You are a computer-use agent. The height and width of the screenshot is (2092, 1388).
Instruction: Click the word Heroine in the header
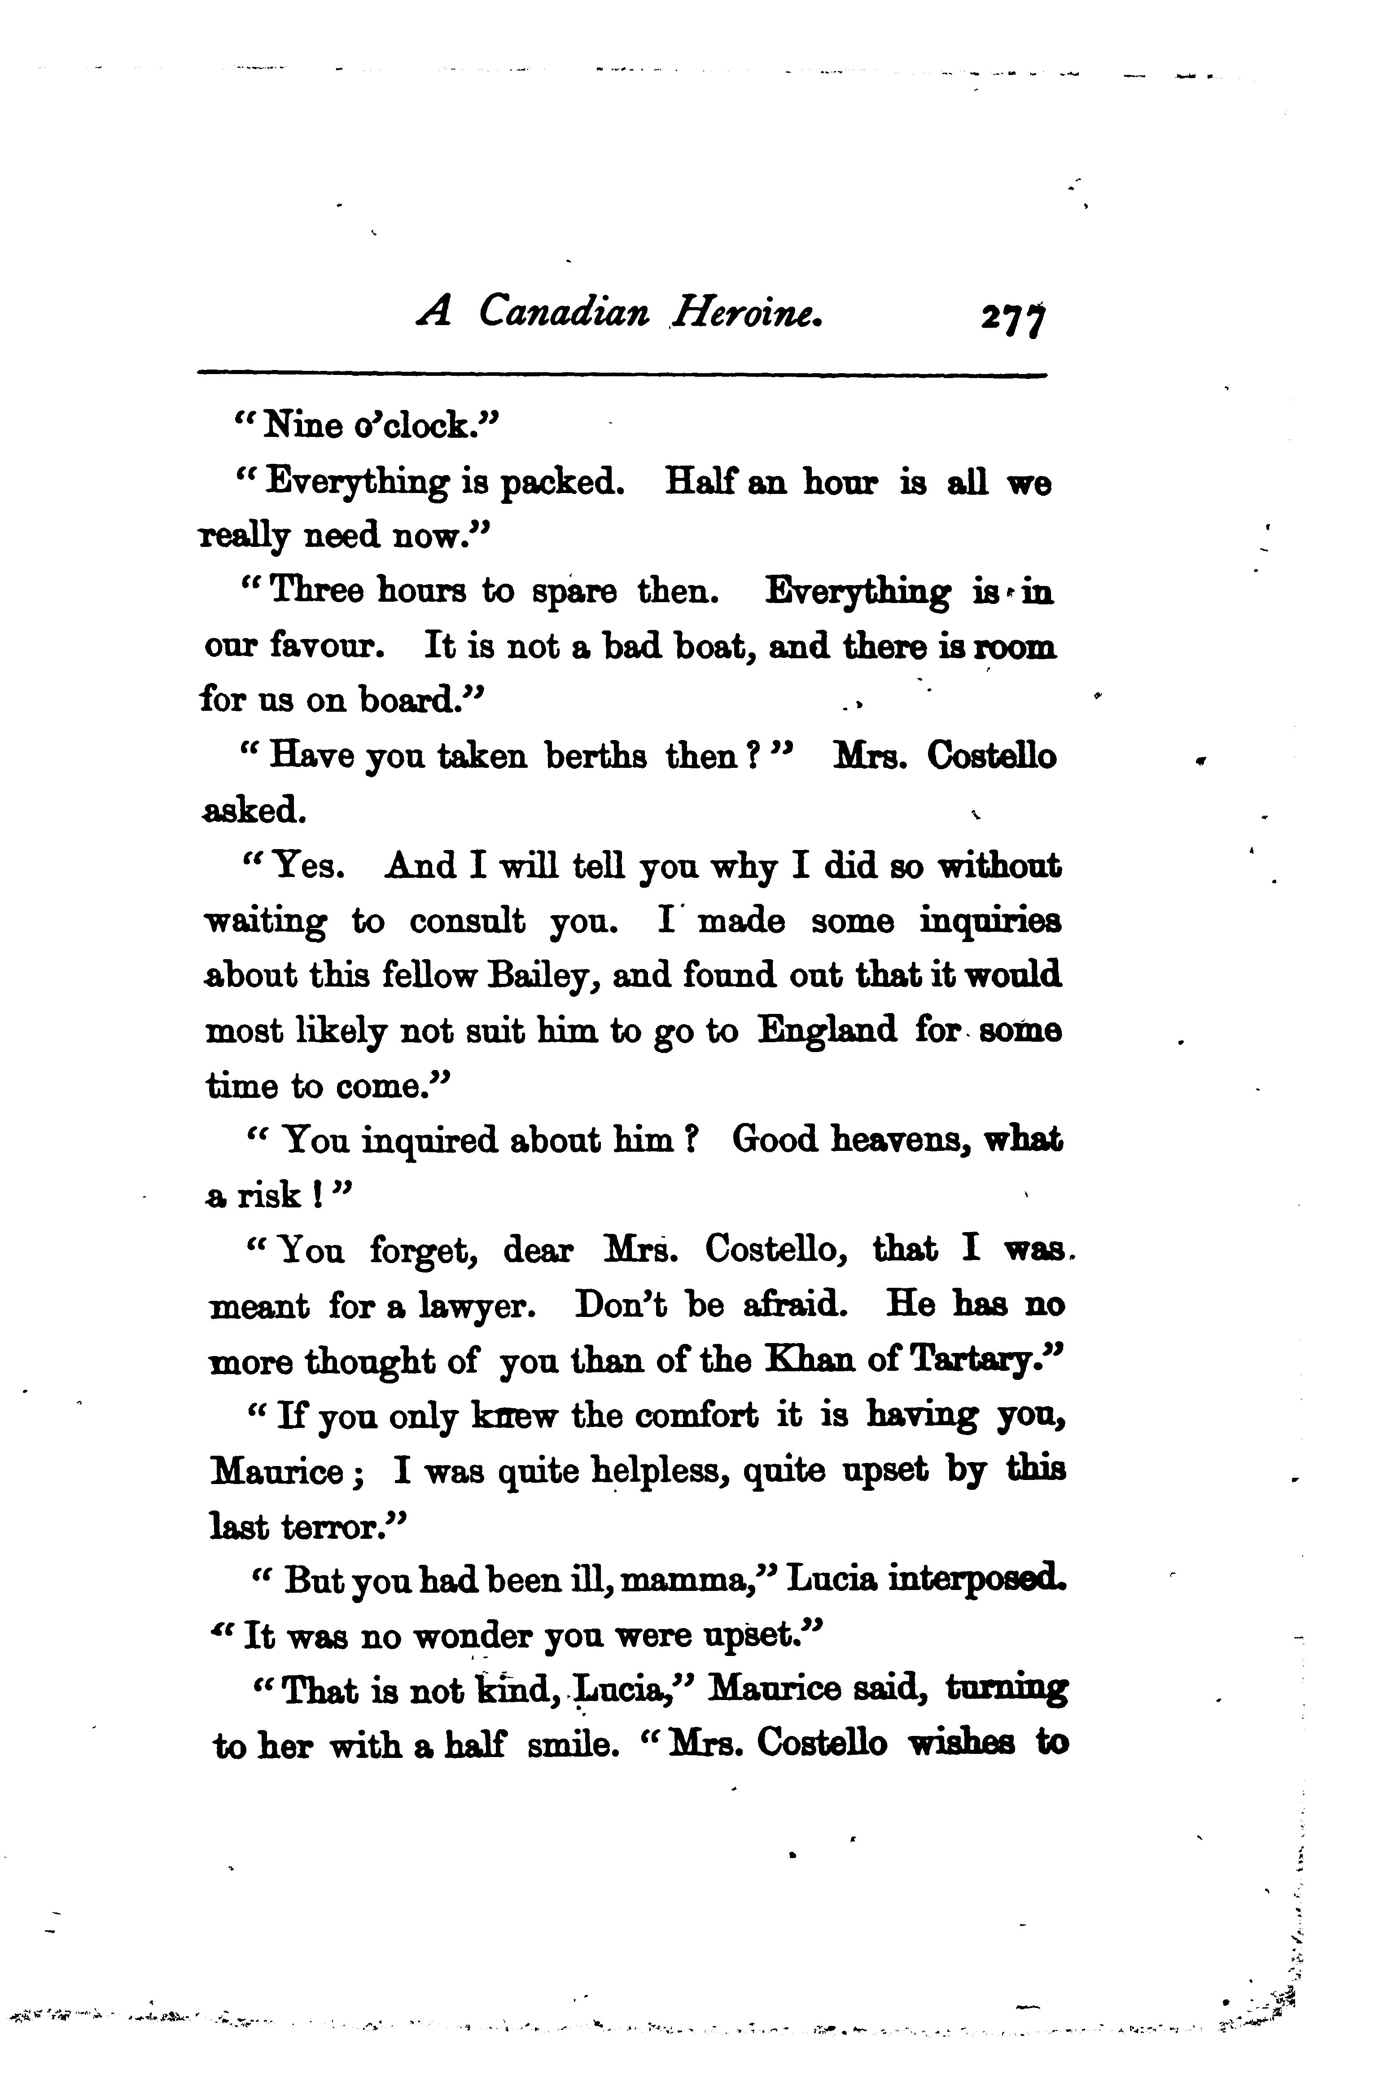point(748,313)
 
